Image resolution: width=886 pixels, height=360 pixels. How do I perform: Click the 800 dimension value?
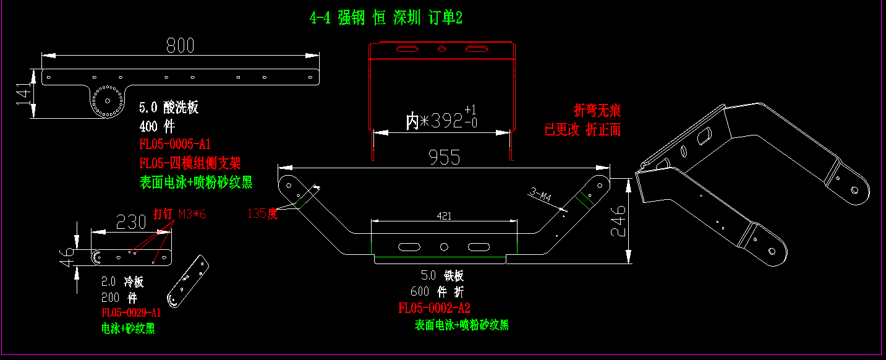180,45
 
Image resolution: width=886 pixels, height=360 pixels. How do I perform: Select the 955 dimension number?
444,157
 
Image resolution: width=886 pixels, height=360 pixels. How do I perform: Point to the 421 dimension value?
443,216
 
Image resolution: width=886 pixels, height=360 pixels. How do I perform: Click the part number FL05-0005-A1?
175,145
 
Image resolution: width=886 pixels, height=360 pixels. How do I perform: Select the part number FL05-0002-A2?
435,308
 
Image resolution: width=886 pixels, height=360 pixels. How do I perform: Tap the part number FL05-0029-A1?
131,312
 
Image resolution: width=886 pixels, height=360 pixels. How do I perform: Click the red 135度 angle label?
262,213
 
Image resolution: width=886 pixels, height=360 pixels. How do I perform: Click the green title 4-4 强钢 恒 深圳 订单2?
386,18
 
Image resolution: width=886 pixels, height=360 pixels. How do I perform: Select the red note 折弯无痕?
597,111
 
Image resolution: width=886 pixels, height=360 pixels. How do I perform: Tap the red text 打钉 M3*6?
179,214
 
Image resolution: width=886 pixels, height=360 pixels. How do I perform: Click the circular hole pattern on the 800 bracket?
107,100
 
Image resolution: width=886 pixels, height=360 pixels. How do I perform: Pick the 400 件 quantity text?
157,127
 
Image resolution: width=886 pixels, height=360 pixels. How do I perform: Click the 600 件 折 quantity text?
437,292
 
